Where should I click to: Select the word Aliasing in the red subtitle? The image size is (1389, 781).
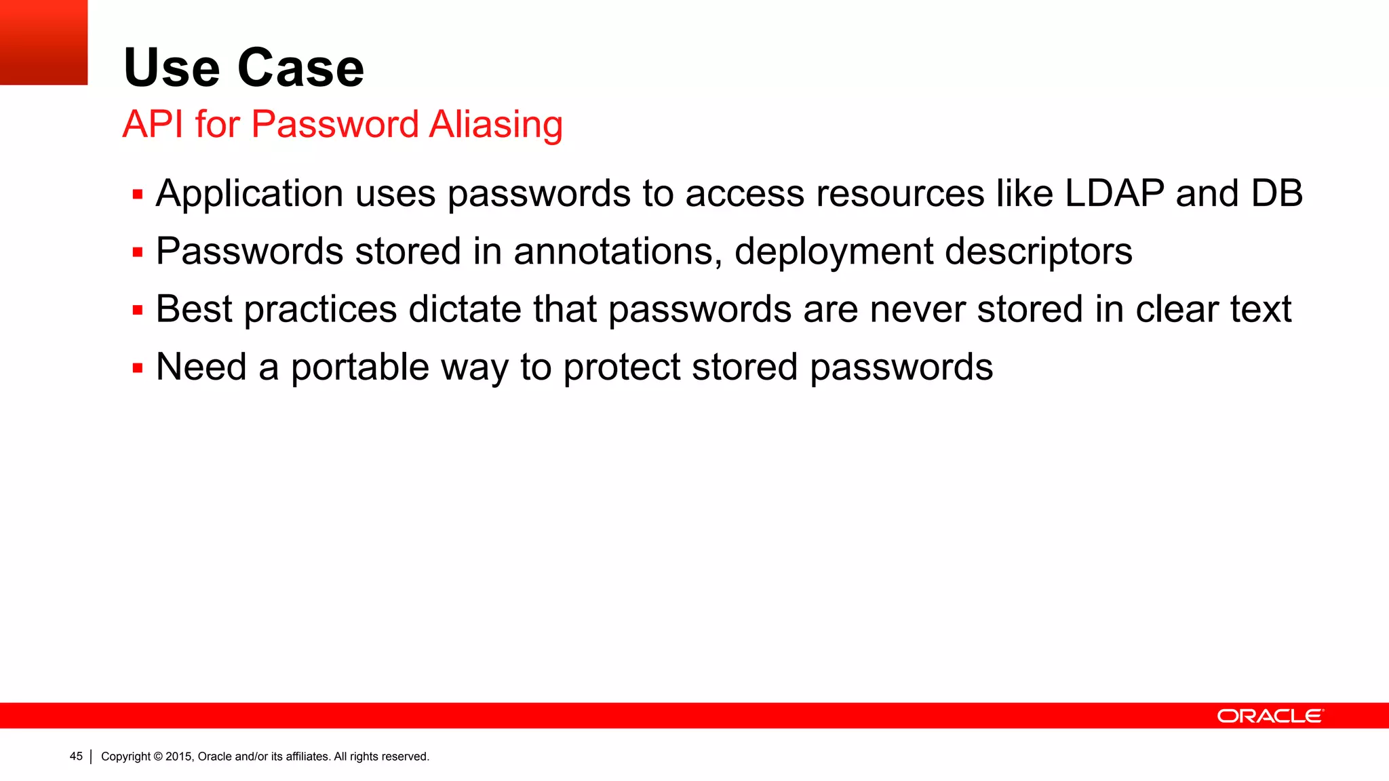pyautogui.click(x=496, y=125)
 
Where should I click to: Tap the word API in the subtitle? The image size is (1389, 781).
pyautogui.click(x=153, y=125)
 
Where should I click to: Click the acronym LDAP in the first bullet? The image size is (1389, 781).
pyautogui.click(x=1114, y=193)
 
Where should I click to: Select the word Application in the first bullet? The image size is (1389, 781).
pyautogui.click(x=250, y=195)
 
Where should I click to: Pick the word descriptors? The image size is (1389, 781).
pyautogui.click(x=1038, y=252)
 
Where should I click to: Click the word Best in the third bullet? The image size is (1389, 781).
pyautogui.click(x=194, y=309)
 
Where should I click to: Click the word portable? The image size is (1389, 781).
pyautogui.click(x=360, y=367)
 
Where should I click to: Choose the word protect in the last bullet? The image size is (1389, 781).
pyautogui.click(x=621, y=367)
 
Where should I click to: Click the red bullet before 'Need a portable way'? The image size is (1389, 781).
pyautogui.click(x=138, y=368)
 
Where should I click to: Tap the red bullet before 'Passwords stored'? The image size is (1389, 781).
pyautogui.click(x=138, y=253)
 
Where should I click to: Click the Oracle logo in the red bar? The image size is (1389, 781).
pyautogui.click(x=1270, y=716)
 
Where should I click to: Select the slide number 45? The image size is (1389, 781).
pyautogui.click(x=76, y=756)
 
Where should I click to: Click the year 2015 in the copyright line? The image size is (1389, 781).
pyautogui.click(x=180, y=757)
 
